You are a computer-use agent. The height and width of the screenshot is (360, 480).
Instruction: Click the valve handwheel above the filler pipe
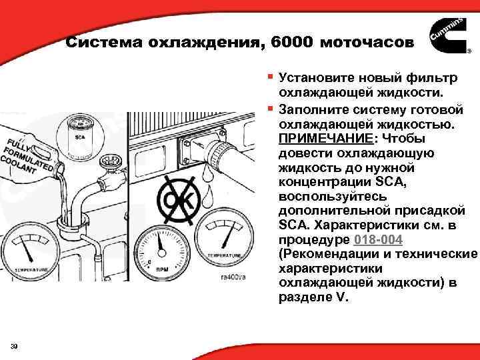(x=108, y=161)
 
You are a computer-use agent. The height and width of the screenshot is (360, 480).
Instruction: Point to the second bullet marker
(x=269, y=108)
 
